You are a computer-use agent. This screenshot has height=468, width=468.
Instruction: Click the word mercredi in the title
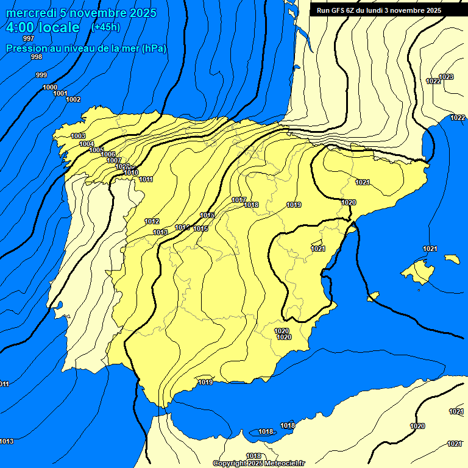click(30, 13)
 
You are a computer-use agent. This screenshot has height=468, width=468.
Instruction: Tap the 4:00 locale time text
click(43, 27)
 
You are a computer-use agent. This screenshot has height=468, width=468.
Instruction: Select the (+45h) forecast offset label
click(105, 27)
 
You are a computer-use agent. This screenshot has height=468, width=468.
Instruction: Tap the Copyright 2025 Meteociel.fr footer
click(259, 463)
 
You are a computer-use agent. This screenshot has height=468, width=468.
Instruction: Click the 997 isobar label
click(29, 38)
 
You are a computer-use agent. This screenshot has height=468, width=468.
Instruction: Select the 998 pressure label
click(36, 57)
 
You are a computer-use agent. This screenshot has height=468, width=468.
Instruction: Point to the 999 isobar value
click(41, 75)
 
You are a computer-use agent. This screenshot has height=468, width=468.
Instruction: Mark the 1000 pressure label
click(50, 87)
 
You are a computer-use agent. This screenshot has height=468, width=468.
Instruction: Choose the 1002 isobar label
click(73, 99)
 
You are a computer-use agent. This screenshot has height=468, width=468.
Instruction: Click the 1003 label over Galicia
click(78, 135)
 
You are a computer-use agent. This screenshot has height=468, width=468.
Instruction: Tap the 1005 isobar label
click(96, 150)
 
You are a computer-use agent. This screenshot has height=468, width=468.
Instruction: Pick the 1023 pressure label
click(446, 77)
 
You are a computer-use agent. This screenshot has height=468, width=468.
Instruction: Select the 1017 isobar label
click(239, 200)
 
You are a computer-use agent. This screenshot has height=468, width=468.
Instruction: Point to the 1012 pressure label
click(152, 221)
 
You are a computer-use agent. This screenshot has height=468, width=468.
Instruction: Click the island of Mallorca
click(419, 271)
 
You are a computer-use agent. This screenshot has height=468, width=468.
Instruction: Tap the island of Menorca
click(452, 259)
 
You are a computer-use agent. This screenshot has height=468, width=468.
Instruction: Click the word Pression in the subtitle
click(26, 49)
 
